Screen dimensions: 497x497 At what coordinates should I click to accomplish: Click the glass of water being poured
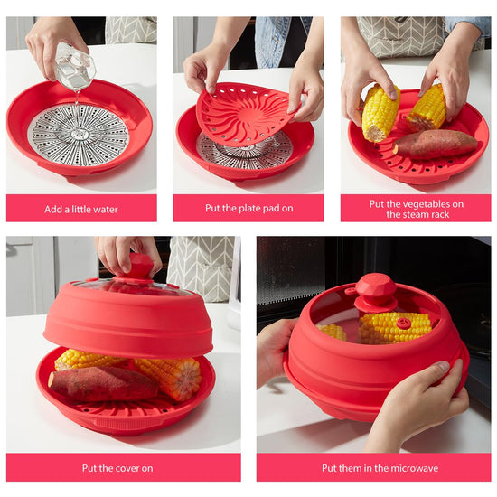click(74, 67)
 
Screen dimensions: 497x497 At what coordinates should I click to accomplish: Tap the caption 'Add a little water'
click(81, 210)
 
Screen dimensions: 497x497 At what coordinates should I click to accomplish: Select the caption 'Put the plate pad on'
click(249, 208)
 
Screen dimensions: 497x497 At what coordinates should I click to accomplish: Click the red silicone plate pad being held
click(243, 114)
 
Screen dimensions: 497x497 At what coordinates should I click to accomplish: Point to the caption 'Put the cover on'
click(117, 468)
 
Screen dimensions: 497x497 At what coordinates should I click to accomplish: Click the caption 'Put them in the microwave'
click(380, 468)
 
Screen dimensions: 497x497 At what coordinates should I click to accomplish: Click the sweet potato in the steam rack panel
click(436, 145)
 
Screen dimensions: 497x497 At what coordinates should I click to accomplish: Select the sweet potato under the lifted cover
click(103, 384)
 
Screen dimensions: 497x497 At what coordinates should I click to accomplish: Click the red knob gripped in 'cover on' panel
click(140, 267)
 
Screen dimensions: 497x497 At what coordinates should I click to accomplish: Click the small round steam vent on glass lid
click(404, 324)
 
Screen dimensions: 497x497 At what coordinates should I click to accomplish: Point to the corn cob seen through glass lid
click(395, 328)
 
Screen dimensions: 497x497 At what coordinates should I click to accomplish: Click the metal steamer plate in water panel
click(79, 135)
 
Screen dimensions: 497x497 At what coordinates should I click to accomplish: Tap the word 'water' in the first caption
click(107, 210)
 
